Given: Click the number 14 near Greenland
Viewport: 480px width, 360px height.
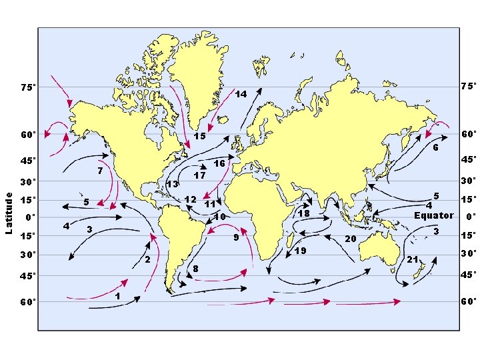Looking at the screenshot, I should pos(241,95).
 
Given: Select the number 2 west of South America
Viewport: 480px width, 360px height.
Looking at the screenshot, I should pos(147,259).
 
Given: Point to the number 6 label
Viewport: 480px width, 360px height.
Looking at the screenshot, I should pos(434,147).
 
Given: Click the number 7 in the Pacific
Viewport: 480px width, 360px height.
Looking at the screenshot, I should pos(99,171).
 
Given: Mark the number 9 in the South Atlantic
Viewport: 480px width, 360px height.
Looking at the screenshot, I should pos(236,237).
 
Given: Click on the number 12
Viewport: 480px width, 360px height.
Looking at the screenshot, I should pos(190,199).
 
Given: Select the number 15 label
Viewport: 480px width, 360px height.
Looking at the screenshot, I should pos(199,136).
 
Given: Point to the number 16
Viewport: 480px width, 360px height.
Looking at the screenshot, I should pos(219,163).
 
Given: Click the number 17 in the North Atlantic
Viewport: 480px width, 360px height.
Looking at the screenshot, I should pos(199,176).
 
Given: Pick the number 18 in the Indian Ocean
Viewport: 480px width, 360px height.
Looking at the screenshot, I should pos(304,214).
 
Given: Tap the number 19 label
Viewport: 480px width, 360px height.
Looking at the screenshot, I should pos(301,251).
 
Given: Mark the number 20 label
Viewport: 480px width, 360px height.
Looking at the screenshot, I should pos(351,239).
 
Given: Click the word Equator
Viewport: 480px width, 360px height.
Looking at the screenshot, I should pos(433,215).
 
